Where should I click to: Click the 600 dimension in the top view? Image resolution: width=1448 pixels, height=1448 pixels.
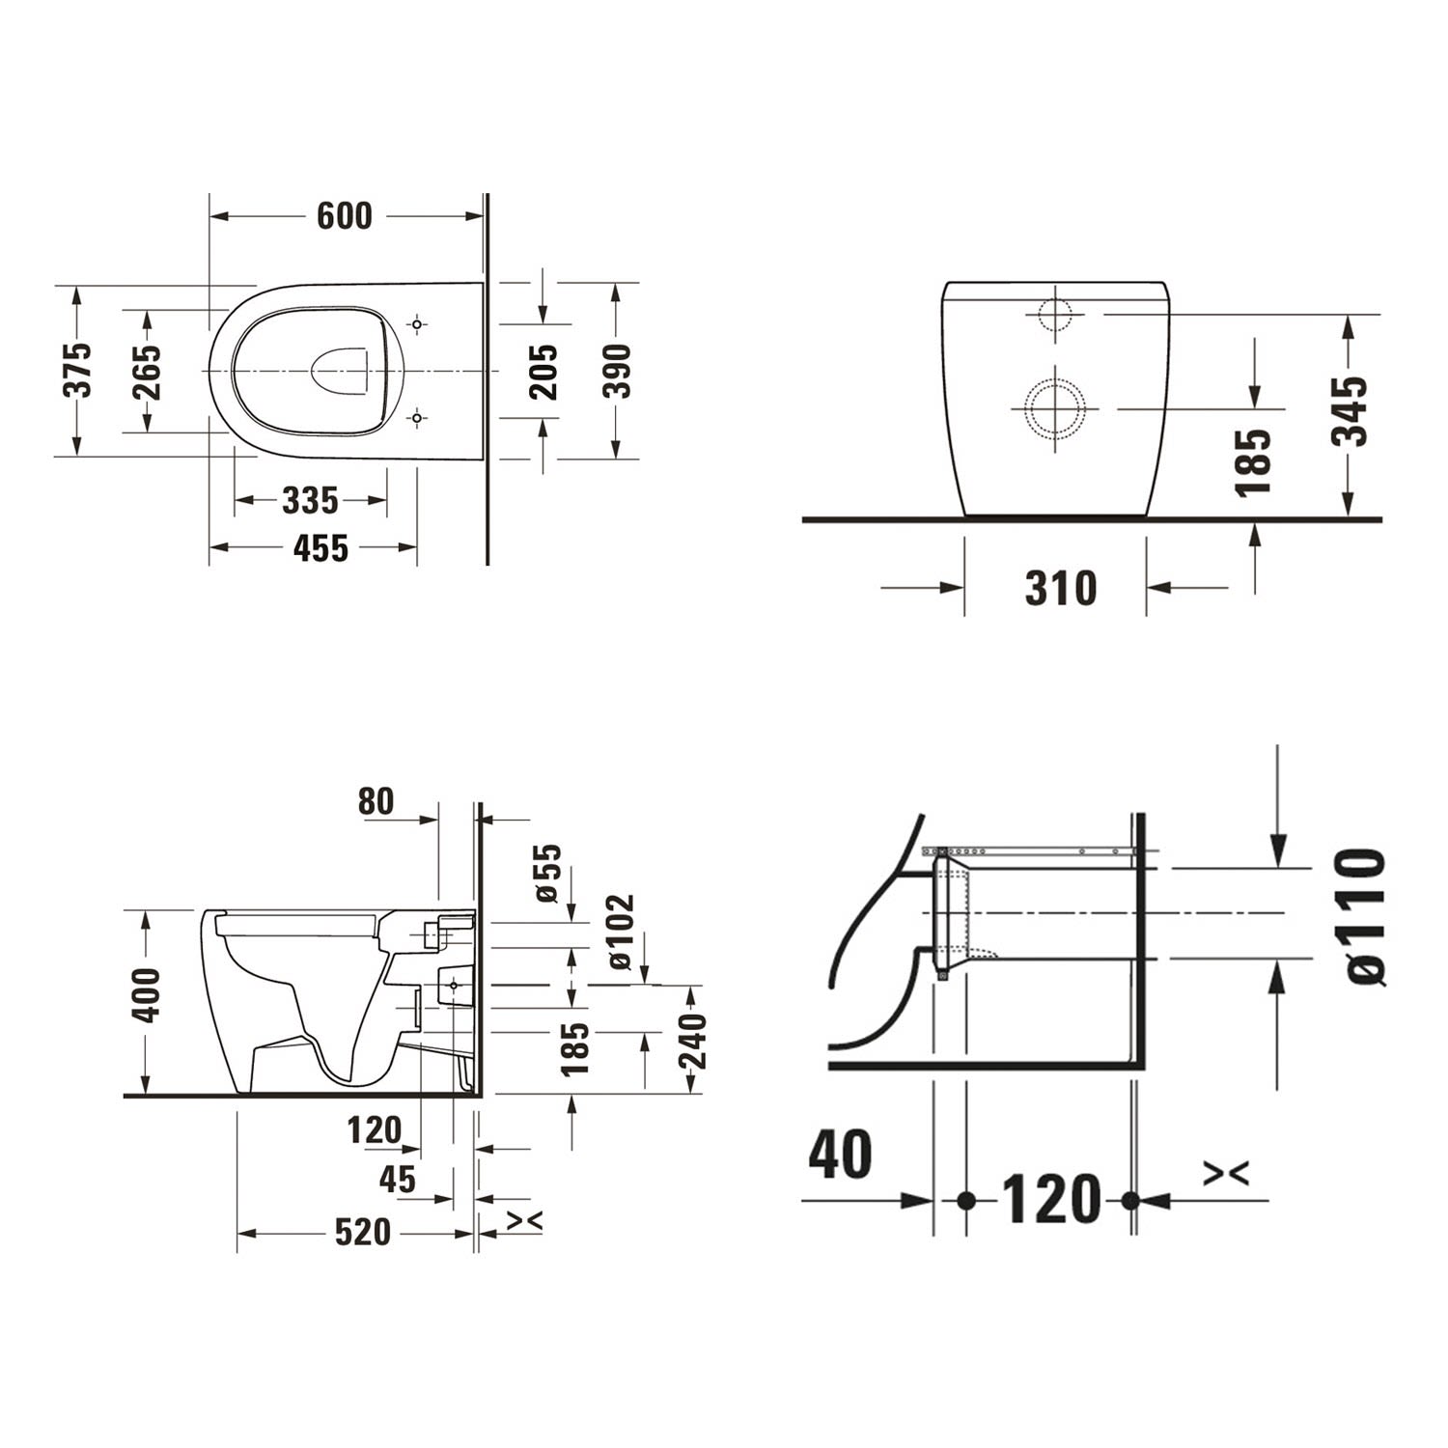point(345,215)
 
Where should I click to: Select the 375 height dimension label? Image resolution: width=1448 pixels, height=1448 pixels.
point(77,369)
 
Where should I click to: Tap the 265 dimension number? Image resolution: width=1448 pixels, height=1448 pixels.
point(147,372)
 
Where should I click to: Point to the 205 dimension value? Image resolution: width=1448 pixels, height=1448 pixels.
point(544,372)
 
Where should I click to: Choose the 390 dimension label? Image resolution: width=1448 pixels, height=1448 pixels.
point(616,370)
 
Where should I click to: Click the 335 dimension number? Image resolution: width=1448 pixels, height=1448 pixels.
point(311,500)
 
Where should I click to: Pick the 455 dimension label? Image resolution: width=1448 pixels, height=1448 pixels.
point(320,548)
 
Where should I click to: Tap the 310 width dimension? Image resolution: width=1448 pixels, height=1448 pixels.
point(1061,588)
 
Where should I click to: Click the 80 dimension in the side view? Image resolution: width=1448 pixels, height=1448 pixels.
point(376,800)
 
